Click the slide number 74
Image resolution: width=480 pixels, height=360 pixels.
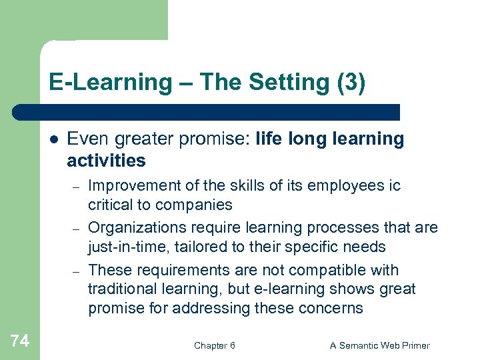coord(20,341)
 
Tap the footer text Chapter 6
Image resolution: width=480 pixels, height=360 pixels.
coord(214,345)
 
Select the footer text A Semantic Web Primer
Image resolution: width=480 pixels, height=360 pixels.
coord(380,345)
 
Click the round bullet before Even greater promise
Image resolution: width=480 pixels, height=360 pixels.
coord(54,139)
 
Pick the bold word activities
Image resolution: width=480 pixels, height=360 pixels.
coord(106,161)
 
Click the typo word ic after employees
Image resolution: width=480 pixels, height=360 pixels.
coord(393,185)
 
